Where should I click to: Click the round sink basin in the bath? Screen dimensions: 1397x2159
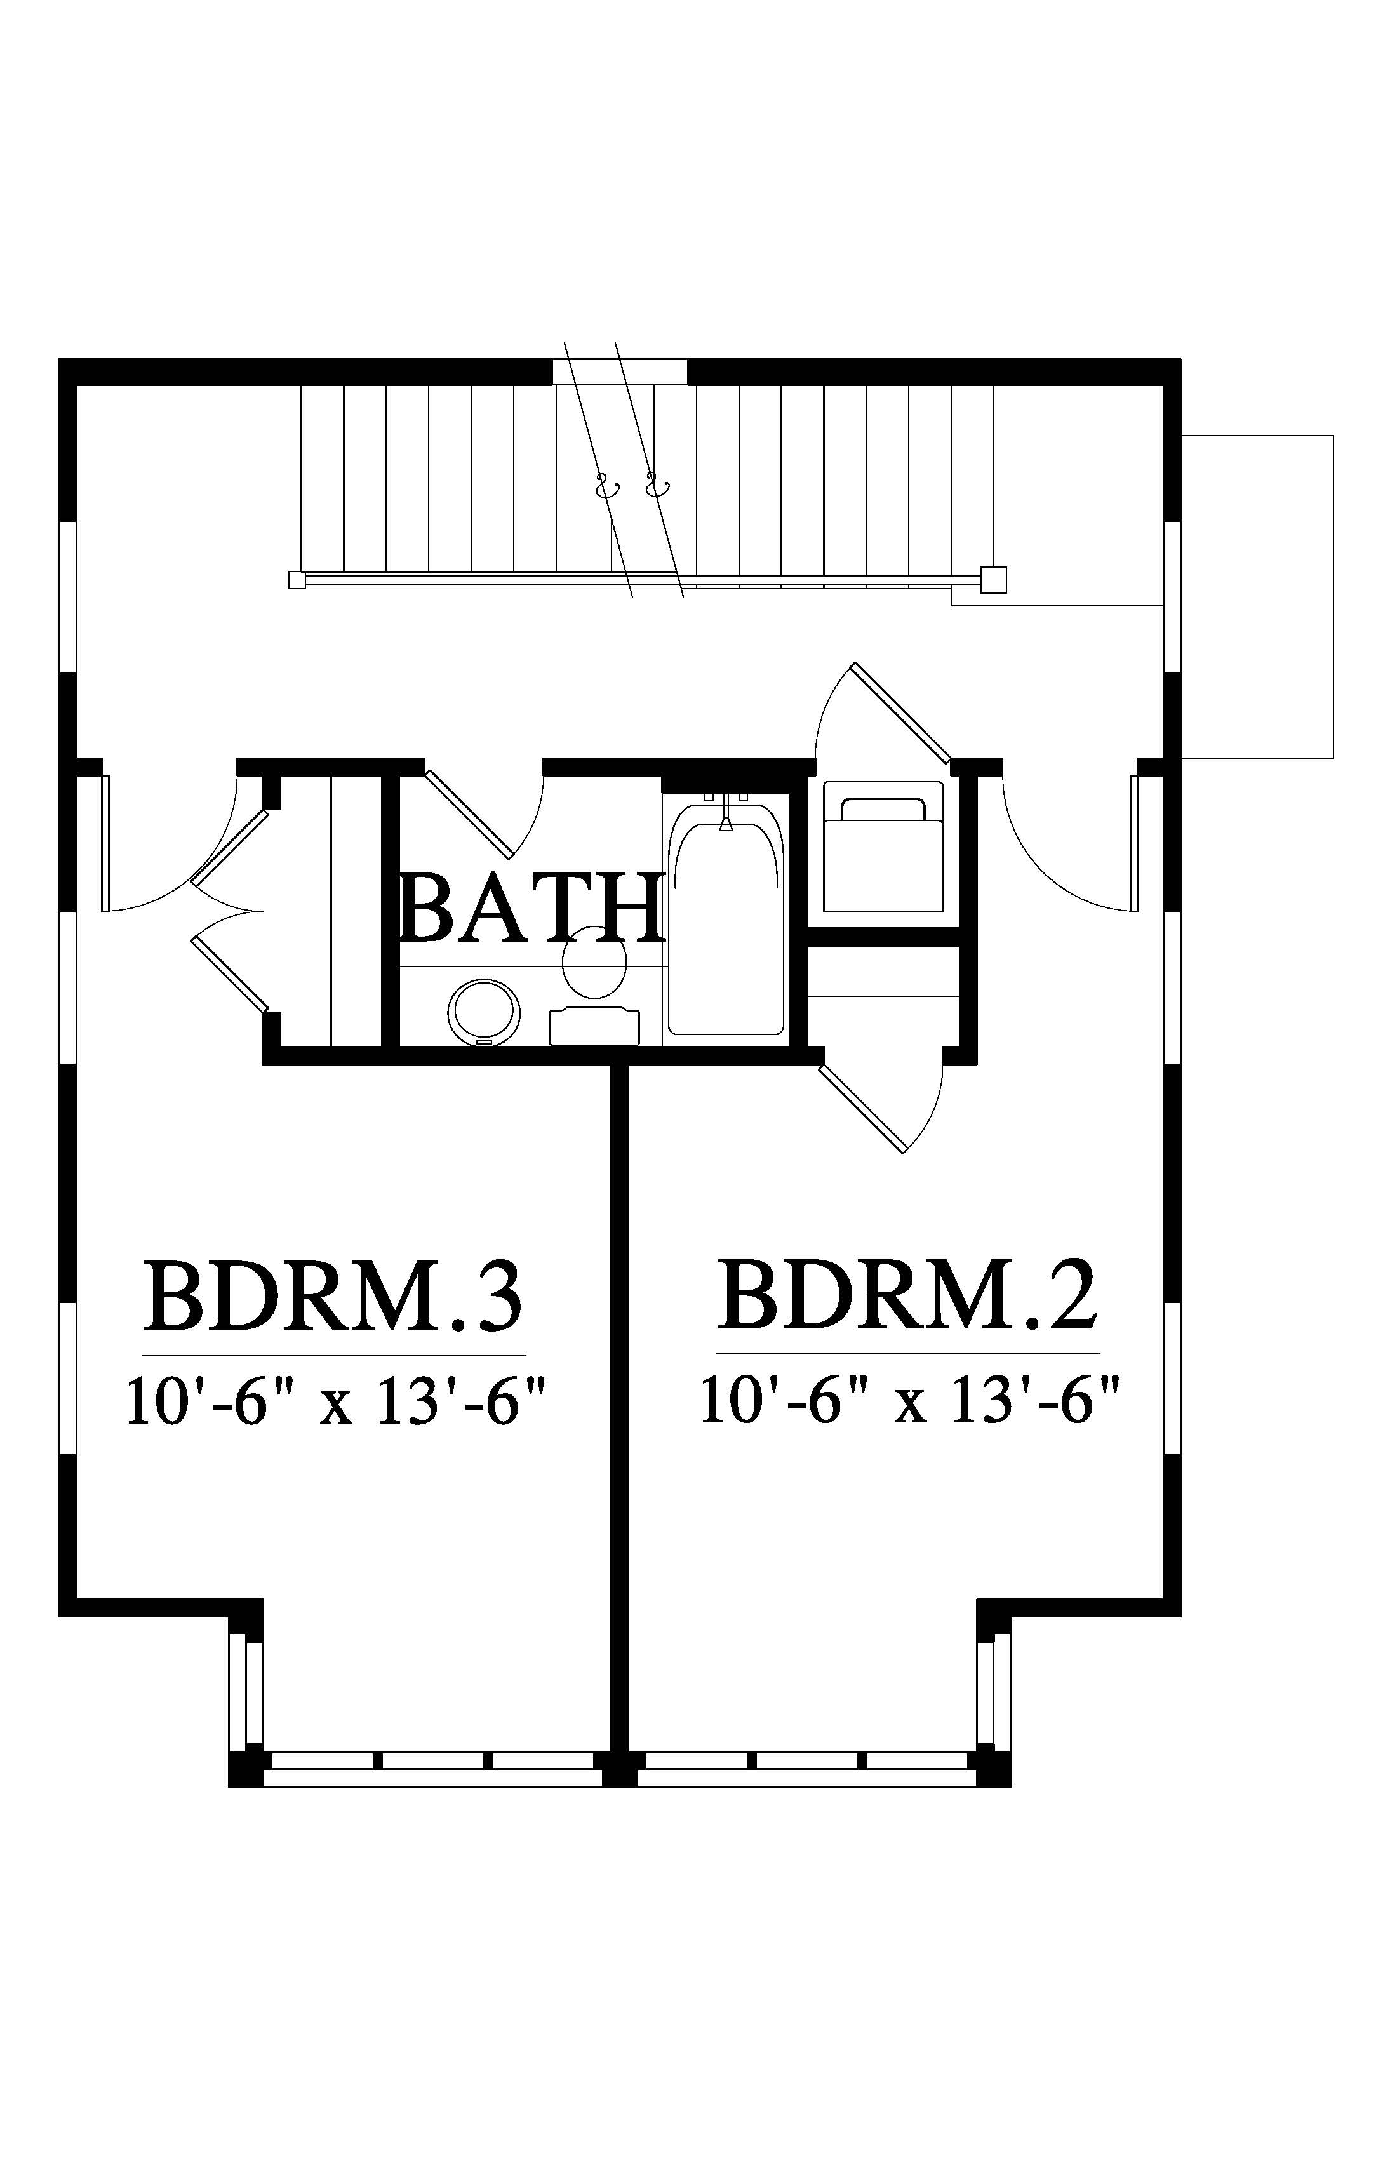pyautogui.click(x=485, y=1012)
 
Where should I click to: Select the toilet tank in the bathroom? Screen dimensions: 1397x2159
pyautogui.click(x=595, y=1026)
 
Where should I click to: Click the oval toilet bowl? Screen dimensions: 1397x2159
pyautogui.click(x=595, y=963)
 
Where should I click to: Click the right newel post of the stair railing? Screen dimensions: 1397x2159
pyautogui.click(x=993, y=580)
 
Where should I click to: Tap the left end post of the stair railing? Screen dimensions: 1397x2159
pyautogui.click(x=296, y=580)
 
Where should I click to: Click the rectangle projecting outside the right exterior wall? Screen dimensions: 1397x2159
pyautogui.click(x=1257, y=596)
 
